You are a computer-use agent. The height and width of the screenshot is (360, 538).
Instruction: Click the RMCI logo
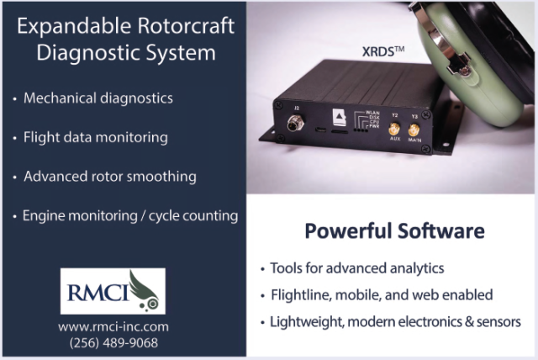(113, 291)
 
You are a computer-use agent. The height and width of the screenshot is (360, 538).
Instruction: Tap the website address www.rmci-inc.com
(113, 326)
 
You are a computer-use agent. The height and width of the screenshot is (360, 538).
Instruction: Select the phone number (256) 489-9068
(113, 343)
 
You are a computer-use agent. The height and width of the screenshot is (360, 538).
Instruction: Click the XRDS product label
(383, 51)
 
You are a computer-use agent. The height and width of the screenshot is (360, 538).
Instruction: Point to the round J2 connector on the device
(296, 123)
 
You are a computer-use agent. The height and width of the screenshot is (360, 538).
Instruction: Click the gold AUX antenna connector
(394, 130)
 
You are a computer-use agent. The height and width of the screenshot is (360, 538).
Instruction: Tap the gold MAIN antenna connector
(414, 130)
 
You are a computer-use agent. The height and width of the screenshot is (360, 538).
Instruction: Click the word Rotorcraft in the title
(186, 26)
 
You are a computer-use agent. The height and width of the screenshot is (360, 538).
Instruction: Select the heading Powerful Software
(394, 230)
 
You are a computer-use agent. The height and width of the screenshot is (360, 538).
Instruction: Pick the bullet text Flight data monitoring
(95, 138)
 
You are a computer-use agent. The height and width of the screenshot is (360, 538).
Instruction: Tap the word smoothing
(161, 177)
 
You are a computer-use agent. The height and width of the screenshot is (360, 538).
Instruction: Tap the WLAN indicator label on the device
(372, 113)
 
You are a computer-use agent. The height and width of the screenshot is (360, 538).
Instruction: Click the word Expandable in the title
(74, 26)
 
